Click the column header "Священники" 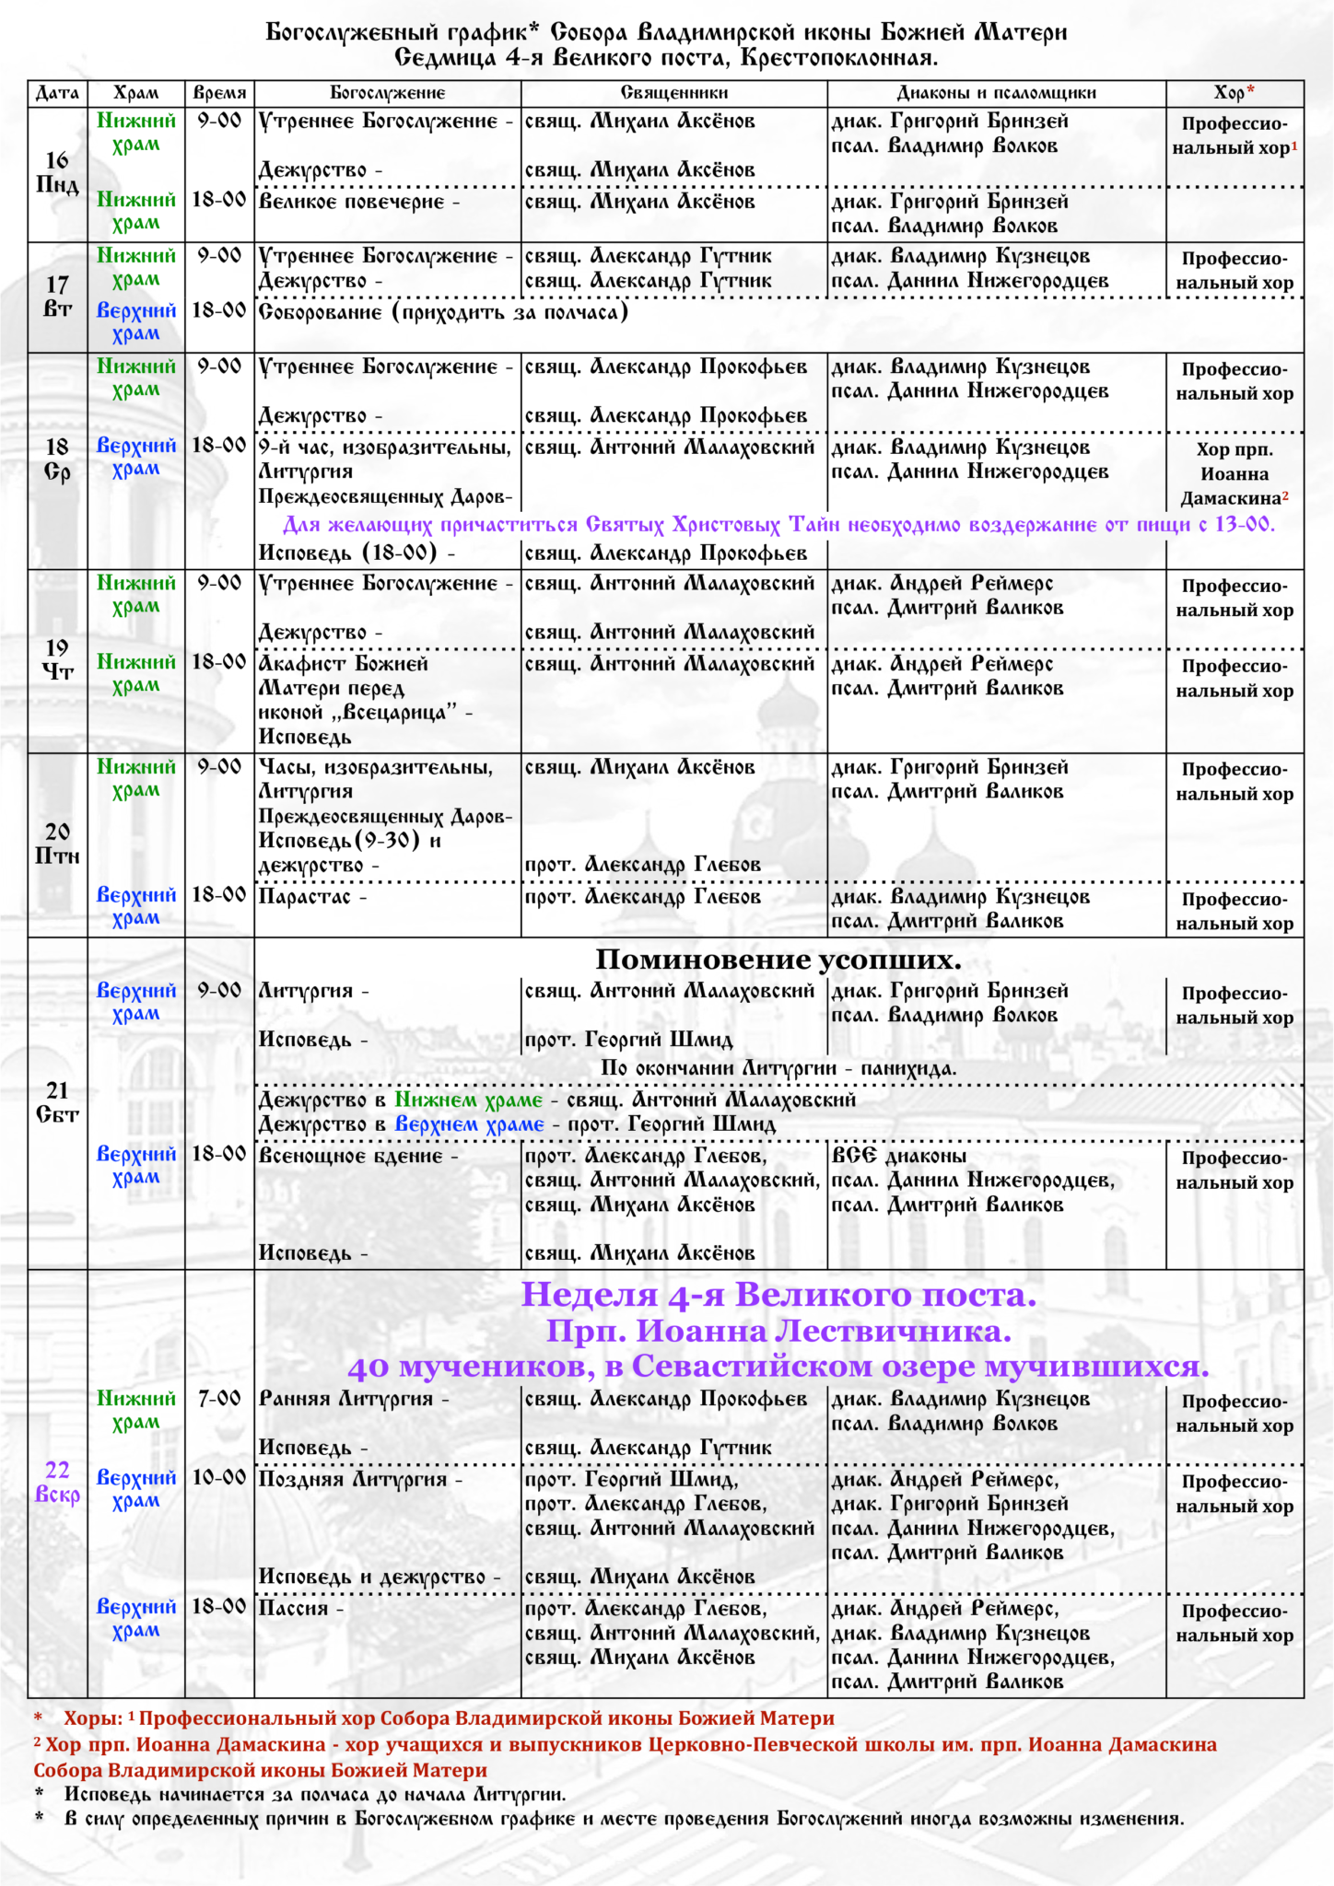(673, 93)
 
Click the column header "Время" (219, 93)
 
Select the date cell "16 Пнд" (57, 173)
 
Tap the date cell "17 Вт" (57, 297)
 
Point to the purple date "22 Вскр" (57, 1482)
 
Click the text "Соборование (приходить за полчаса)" (443, 312)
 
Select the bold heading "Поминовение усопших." (778, 960)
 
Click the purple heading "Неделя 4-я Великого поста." (778, 1295)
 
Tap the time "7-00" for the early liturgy (219, 1399)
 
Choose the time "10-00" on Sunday (219, 1478)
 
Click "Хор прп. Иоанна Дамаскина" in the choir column (1235, 474)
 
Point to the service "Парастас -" (312, 897)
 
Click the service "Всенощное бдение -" (357, 1157)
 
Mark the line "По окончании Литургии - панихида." (778, 1068)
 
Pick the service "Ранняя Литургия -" (354, 1399)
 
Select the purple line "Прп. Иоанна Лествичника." (778, 1332)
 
